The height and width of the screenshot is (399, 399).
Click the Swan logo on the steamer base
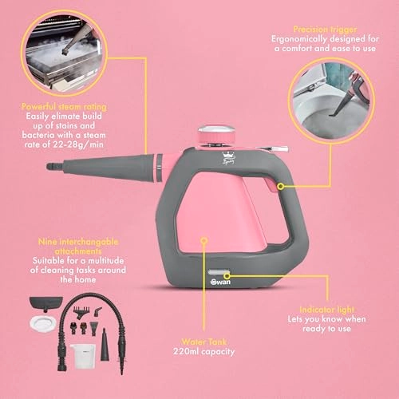(x=220, y=282)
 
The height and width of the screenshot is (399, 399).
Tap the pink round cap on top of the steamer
(x=217, y=135)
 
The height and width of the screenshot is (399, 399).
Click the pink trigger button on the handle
(x=271, y=185)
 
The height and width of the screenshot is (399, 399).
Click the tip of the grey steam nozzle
(x=47, y=167)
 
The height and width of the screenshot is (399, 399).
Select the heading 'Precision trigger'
(x=325, y=30)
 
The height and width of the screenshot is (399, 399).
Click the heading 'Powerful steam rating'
(x=64, y=106)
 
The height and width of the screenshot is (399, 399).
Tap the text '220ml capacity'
(x=204, y=351)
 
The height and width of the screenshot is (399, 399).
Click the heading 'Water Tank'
(x=204, y=342)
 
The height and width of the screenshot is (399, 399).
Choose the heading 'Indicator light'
(x=327, y=310)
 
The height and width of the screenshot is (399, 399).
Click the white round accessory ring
(x=43, y=323)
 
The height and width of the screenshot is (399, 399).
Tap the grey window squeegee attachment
(x=46, y=303)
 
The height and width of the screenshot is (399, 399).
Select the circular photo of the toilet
(x=331, y=98)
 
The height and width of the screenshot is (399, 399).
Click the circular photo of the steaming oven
(x=64, y=53)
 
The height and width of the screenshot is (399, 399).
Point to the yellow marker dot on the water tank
(x=204, y=240)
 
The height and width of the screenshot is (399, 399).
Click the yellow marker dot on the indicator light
(x=227, y=275)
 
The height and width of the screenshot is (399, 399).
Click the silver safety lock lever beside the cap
(x=272, y=148)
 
